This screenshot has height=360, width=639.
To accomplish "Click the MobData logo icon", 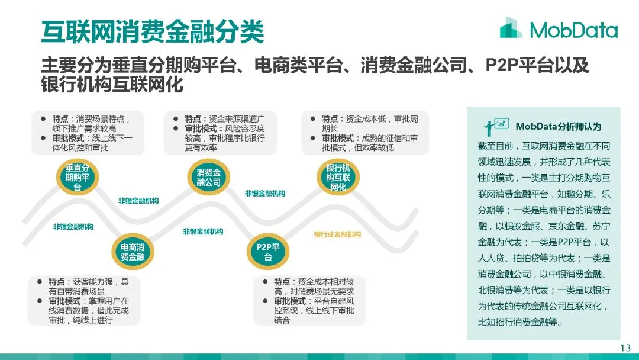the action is (511, 28).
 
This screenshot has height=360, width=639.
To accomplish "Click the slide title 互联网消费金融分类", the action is (152, 30).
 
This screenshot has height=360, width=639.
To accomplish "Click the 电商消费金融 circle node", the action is (133, 252).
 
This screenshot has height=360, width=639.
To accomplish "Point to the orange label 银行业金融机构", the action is (337, 234).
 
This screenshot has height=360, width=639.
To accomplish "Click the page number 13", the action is (625, 348).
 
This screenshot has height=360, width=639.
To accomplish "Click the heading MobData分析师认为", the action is (558, 127).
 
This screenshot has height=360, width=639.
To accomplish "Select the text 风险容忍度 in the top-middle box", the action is (245, 128).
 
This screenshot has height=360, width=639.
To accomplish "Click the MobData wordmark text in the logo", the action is (573, 30).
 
